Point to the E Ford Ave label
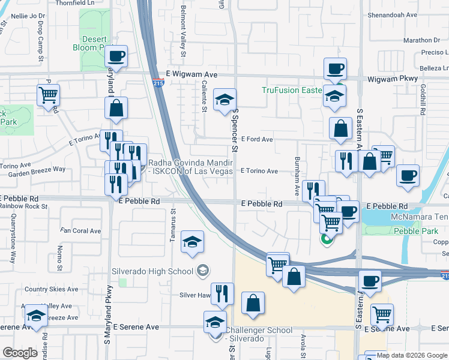coord(256,139)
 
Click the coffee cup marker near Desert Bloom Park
coord(116,58)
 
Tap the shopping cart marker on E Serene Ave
coord(382,314)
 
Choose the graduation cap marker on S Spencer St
coord(225,100)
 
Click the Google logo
coord(20,352)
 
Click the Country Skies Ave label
coord(52,289)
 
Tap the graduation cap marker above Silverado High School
coord(193,242)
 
